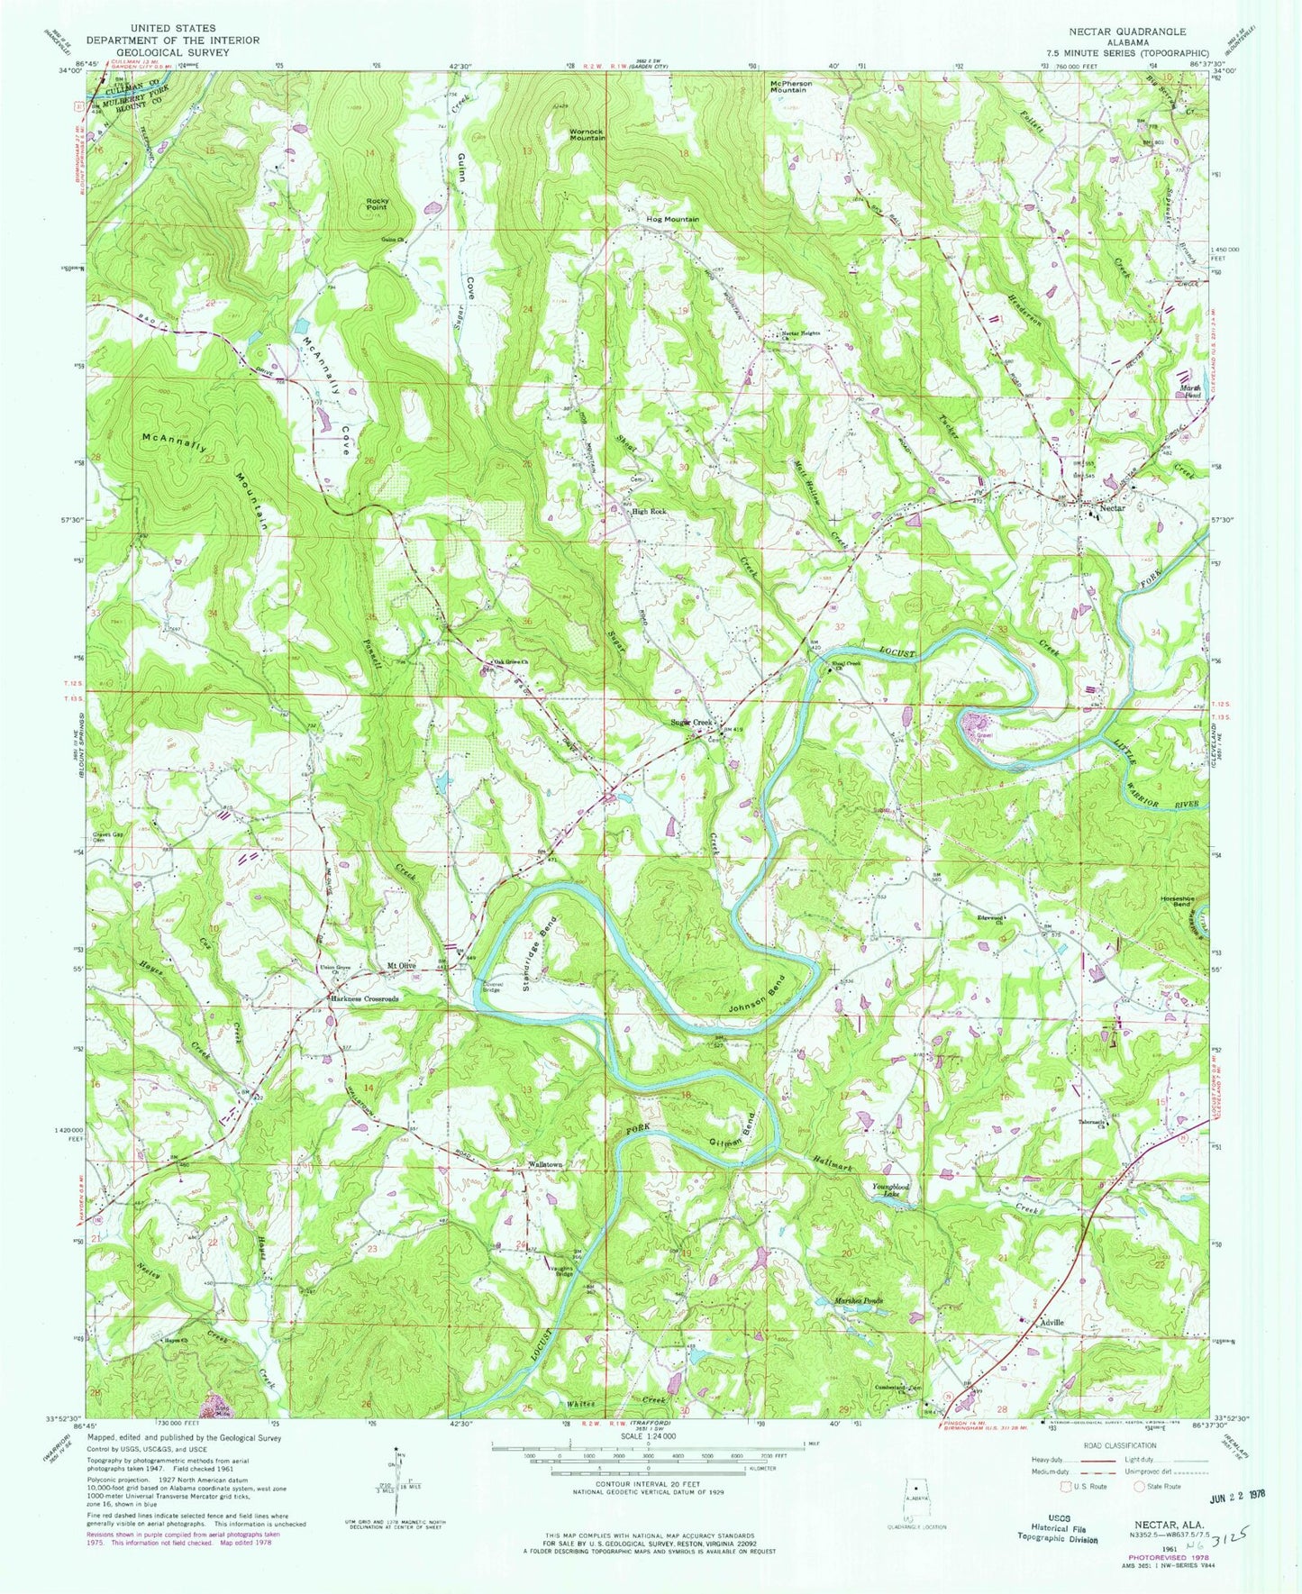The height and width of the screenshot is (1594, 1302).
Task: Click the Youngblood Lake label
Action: pyautogui.click(x=891, y=1192)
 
